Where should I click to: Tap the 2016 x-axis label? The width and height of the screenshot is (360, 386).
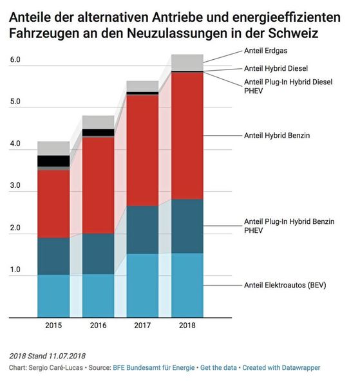[x=98, y=326]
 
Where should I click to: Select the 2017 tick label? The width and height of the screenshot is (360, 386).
[x=142, y=326]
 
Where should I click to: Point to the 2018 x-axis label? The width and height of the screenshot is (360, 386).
[x=187, y=326]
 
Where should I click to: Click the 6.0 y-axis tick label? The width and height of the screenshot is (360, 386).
[x=15, y=60]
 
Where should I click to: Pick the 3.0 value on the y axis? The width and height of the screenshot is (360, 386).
[x=15, y=186]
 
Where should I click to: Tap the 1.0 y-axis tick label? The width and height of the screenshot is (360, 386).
[x=15, y=270]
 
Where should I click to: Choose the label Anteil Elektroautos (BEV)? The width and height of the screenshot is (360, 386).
[x=286, y=284]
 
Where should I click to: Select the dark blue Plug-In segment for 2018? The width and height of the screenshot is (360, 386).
[x=187, y=226]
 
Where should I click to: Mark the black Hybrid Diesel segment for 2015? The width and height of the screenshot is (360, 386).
[x=53, y=161]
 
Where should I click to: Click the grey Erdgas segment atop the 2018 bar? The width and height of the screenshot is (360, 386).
[x=187, y=62]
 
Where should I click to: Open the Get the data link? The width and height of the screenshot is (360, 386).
[x=216, y=367]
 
